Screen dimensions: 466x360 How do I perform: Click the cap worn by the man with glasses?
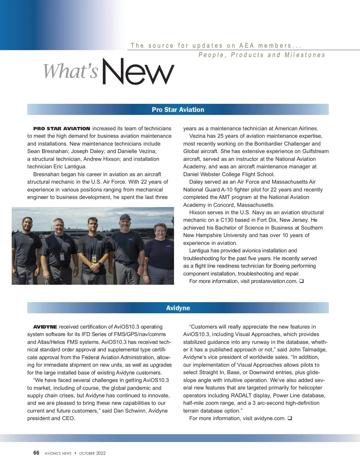point(125,217)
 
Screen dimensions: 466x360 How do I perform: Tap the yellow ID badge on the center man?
point(94,258)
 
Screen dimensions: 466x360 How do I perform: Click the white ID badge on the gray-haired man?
point(62,256)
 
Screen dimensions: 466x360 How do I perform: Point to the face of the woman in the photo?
point(160,231)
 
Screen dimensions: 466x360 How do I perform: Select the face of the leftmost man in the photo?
point(27,225)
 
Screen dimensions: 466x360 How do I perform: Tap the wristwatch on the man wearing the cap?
point(141,265)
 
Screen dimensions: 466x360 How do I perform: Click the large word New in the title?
point(138,72)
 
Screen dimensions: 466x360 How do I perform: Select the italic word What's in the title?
point(71,71)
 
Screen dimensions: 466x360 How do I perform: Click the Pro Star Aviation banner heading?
point(178,110)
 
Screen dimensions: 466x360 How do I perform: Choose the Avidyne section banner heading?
point(178,308)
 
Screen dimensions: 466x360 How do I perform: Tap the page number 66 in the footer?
point(36,453)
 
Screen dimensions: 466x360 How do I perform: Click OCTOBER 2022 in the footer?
point(92,453)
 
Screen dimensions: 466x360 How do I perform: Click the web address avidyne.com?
point(270,418)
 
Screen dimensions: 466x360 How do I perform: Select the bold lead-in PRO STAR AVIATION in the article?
point(61,128)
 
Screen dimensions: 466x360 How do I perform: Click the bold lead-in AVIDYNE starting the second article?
point(45,327)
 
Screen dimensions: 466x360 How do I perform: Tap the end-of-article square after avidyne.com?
point(290,418)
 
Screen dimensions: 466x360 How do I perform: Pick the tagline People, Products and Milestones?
point(262,55)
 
